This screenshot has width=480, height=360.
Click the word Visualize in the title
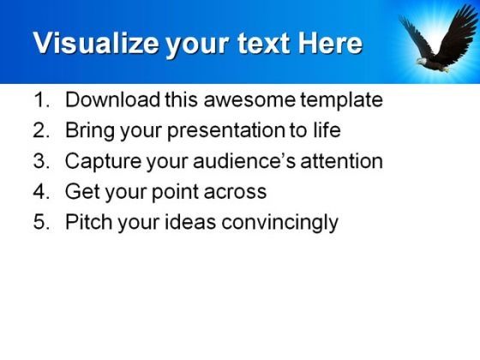pos(96,43)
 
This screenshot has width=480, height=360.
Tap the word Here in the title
pos(330,43)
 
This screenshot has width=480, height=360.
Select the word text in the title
pos(263,44)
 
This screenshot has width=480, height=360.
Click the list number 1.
pos(41,99)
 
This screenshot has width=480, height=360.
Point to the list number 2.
pos(41,130)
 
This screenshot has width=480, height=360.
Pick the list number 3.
pos(41,161)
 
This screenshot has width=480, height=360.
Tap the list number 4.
pos(41,191)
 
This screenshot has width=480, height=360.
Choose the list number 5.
pos(41,222)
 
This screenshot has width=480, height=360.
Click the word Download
pos(112,99)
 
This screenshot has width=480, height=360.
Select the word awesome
pos(249,100)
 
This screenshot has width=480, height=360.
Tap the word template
pos(341,100)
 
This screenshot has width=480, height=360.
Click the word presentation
pos(226,131)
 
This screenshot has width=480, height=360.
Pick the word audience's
pos(244,161)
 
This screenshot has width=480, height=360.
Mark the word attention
pos(342,161)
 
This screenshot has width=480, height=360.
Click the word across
pos(235,193)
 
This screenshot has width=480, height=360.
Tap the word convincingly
pos(279,223)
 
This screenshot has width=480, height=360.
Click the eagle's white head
pos(422,61)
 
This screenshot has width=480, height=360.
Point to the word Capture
pos(103,162)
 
